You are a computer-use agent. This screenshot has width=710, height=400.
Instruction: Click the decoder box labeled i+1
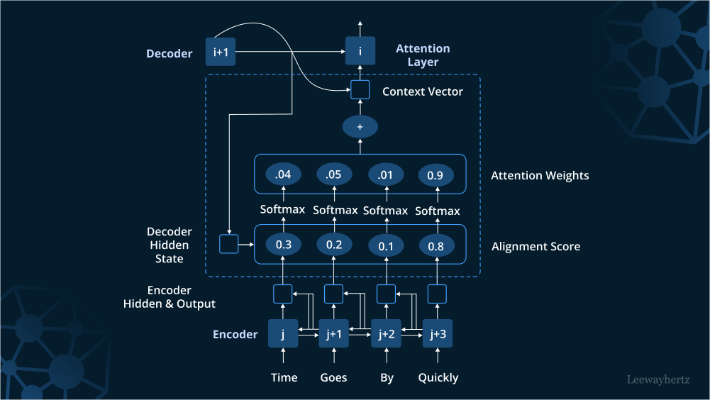[x=220, y=52]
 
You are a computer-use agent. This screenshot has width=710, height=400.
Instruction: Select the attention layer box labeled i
[x=360, y=52]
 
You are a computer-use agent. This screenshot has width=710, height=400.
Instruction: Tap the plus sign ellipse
[x=360, y=127]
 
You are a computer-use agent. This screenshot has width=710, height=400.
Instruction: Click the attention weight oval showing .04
[x=283, y=174]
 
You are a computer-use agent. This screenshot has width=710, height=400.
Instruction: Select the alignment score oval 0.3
[x=283, y=245]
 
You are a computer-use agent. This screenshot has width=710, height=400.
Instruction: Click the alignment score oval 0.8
[x=437, y=246]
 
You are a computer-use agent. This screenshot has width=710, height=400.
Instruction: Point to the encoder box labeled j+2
[x=387, y=333]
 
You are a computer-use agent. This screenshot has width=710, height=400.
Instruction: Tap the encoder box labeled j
[x=283, y=333]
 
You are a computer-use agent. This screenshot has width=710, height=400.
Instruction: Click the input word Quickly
[x=438, y=377]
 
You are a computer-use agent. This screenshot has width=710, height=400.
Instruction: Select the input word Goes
[x=333, y=377]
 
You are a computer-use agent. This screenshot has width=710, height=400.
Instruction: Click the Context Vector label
[x=422, y=91]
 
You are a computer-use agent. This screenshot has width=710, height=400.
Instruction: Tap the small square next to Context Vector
[x=360, y=90]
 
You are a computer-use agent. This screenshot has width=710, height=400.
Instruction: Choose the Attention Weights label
[x=540, y=175]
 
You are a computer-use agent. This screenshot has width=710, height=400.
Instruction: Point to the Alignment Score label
[x=536, y=246]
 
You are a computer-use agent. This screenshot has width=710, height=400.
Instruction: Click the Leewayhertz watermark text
[x=658, y=379]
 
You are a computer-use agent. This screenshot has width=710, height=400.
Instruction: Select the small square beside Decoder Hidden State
[x=228, y=244]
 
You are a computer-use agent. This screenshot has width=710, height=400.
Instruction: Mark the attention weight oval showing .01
[x=386, y=174]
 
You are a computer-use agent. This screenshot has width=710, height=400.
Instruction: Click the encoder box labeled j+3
[x=438, y=333]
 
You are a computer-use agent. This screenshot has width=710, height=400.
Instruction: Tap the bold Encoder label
[x=235, y=334]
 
